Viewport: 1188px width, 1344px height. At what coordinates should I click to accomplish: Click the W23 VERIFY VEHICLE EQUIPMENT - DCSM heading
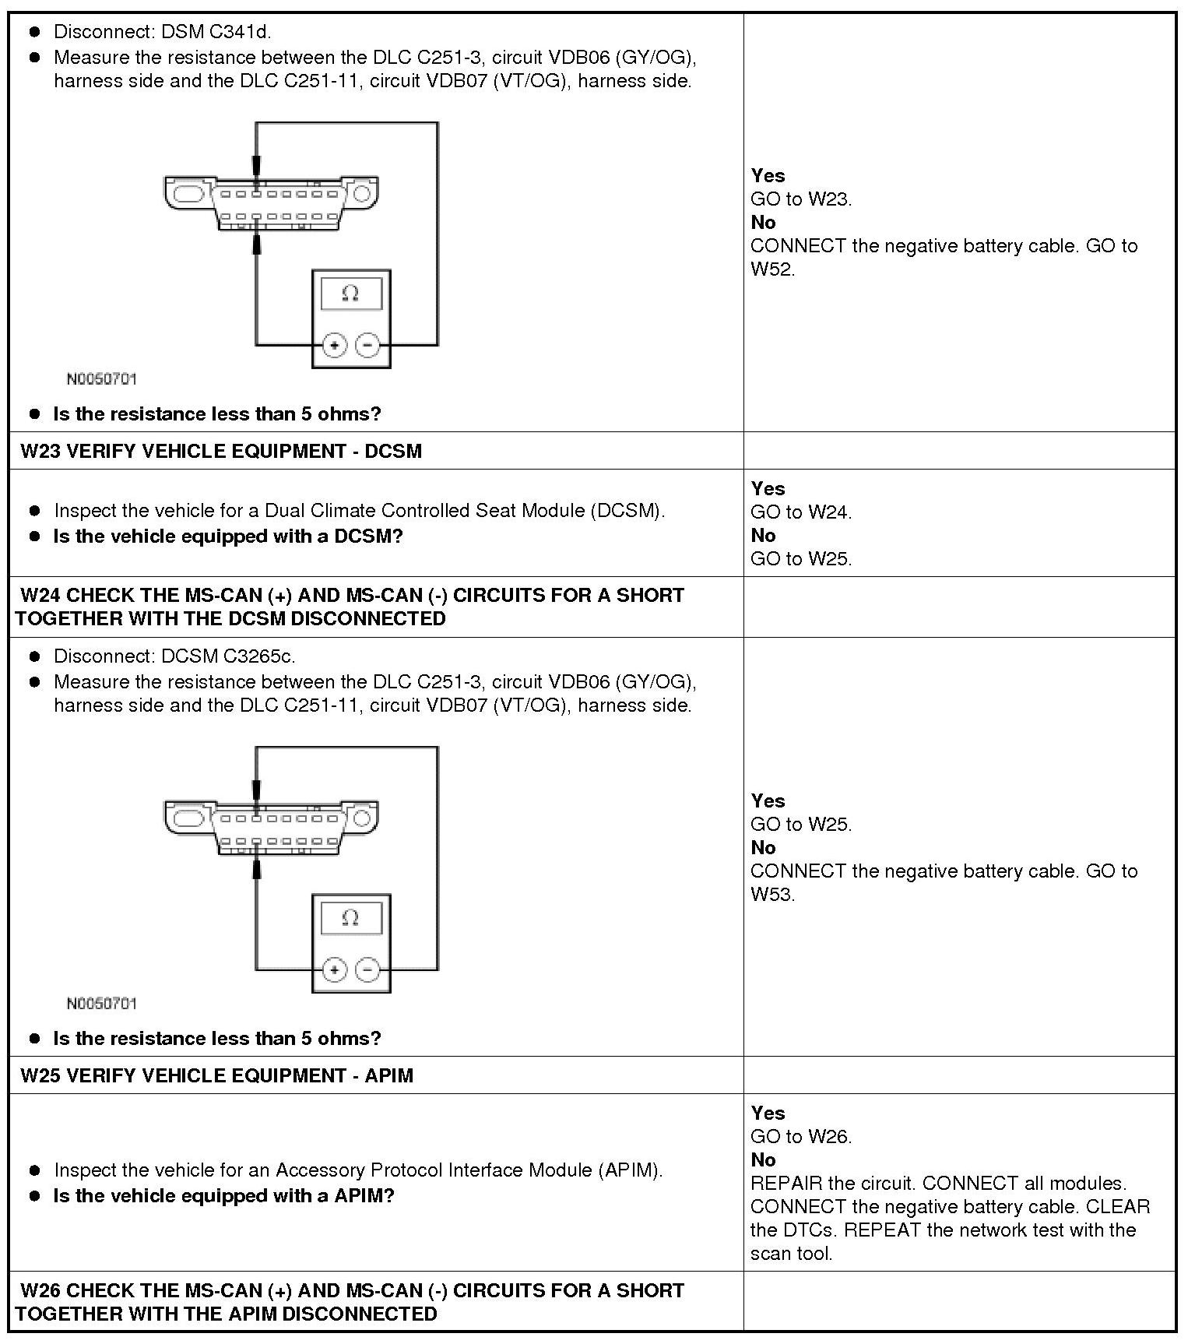tap(221, 452)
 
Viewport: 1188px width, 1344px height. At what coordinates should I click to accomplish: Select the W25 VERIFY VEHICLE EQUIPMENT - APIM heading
tap(216, 1075)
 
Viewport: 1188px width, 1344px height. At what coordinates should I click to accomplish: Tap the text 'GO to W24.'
tap(801, 512)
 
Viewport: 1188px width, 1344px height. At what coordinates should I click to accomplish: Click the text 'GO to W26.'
tap(801, 1136)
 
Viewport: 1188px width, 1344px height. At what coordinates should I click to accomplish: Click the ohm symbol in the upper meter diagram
tap(350, 294)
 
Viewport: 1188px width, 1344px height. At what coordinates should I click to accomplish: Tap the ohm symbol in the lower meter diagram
tap(350, 918)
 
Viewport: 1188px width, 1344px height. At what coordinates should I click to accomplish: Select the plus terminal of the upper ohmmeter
tap(334, 345)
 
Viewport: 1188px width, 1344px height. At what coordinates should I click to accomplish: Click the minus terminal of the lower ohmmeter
tap(367, 969)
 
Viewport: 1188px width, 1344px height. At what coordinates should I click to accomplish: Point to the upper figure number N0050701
tap(101, 379)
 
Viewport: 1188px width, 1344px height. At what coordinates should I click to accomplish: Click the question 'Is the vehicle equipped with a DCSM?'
tap(227, 537)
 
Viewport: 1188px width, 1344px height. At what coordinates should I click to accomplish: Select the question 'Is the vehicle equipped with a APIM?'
tap(223, 1195)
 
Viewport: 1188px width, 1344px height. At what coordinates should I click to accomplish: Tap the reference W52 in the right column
tap(771, 269)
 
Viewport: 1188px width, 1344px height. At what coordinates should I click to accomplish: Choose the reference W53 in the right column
tap(771, 894)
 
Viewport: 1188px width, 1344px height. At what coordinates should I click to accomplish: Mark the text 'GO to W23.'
tap(801, 199)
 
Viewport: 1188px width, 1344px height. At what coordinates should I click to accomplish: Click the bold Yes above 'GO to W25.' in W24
tap(768, 800)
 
